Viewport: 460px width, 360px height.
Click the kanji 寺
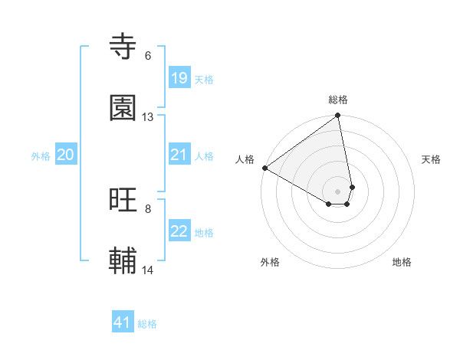coord(123,47)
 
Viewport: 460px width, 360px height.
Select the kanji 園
coord(123,108)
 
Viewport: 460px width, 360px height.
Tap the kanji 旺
coord(123,200)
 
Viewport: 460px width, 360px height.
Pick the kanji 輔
coord(123,261)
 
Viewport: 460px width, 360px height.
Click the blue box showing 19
coord(179,78)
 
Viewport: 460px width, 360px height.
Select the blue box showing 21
coord(179,155)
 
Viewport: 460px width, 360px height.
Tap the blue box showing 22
coord(179,232)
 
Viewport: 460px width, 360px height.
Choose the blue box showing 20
coord(65,155)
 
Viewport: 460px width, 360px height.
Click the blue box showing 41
coord(123,322)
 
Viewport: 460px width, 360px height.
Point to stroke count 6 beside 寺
coord(148,56)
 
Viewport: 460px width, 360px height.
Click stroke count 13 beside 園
coord(148,117)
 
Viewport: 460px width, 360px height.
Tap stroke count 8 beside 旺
coord(148,208)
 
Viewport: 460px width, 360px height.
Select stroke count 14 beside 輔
coord(148,270)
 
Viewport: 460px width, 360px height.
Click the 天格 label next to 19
coord(204,79)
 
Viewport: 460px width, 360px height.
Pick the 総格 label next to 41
coord(147,324)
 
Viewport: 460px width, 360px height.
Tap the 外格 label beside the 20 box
coord(41,156)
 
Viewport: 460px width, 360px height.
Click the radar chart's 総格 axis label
coord(338,100)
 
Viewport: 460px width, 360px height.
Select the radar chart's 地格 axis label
coord(402,262)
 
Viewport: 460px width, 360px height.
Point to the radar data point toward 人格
coord(264,168)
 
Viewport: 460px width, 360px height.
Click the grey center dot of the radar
coord(338,191)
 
